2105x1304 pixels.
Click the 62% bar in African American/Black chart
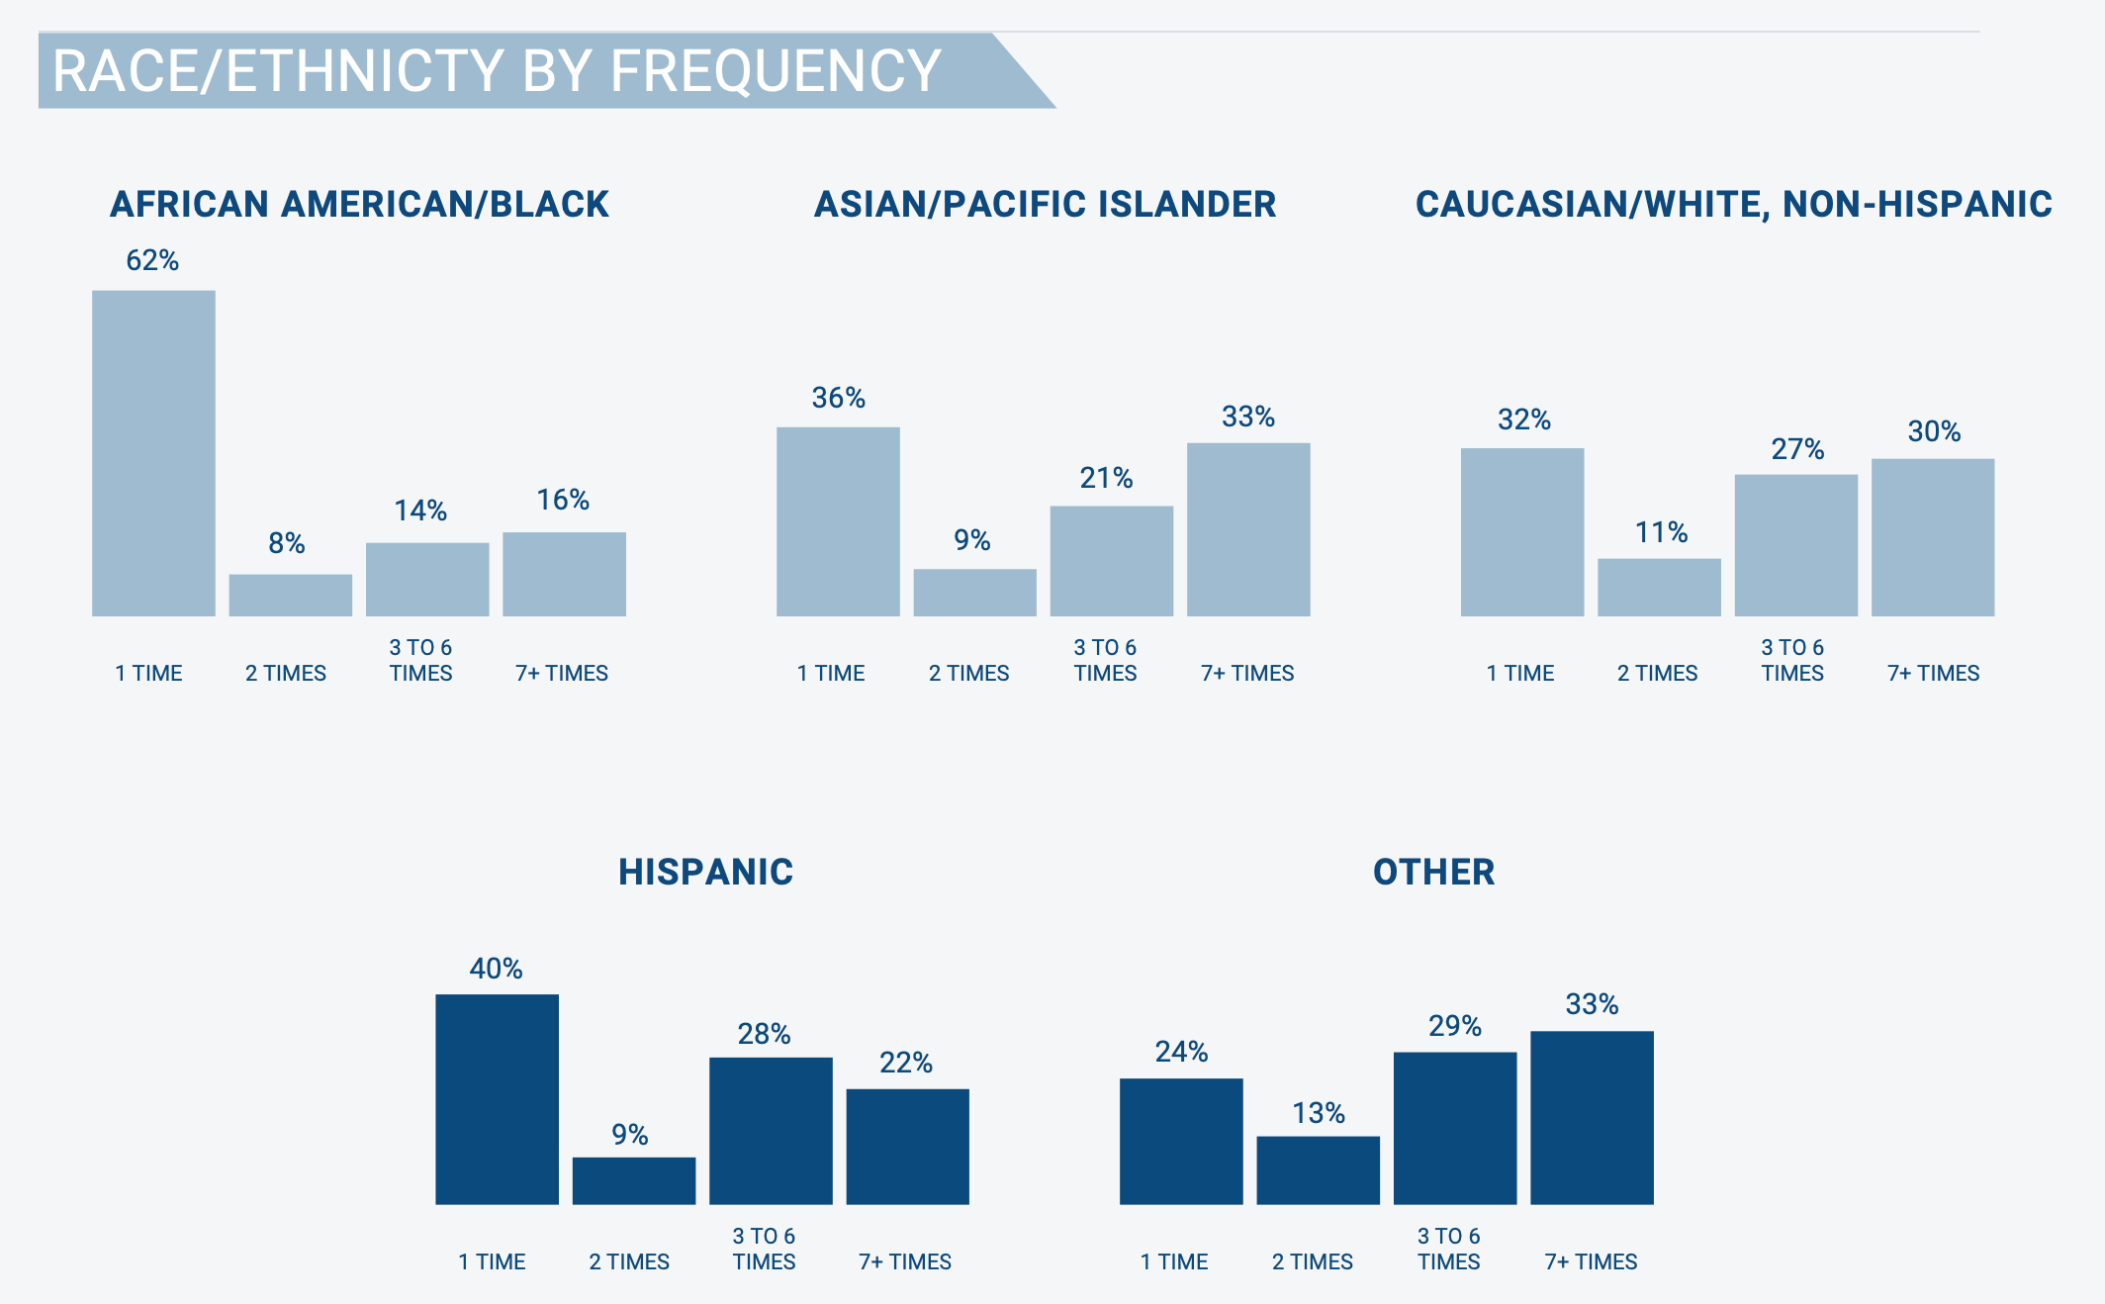[153, 453]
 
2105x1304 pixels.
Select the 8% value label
[287, 543]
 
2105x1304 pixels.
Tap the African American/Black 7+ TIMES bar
[564, 574]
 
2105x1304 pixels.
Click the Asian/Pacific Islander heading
[1045, 204]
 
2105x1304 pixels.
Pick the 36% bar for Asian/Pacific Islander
[838, 521]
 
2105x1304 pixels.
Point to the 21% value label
[1106, 478]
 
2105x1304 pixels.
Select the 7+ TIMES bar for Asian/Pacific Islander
[1248, 529]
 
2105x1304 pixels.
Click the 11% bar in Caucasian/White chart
[1659, 588]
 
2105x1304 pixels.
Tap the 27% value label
[1797, 449]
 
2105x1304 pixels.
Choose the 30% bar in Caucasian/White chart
[1933, 537]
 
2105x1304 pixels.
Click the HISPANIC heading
[705, 872]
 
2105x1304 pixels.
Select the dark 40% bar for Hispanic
[497, 1099]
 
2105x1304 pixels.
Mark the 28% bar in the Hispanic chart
[771, 1131]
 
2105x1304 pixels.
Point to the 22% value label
[906, 1063]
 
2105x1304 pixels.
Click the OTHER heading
[1433, 872]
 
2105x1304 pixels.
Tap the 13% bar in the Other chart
[1318, 1170]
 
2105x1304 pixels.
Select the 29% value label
[1454, 1026]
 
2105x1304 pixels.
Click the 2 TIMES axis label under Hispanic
[629, 1261]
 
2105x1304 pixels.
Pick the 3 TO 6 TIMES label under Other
[1448, 1249]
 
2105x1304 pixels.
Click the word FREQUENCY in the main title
[775, 71]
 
